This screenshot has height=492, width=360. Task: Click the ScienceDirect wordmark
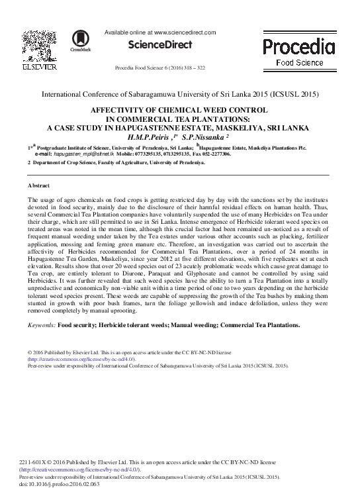pyautogui.click(x=159, y=45)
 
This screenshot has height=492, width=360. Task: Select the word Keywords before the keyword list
pyautogui.click(x=42, y=325)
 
